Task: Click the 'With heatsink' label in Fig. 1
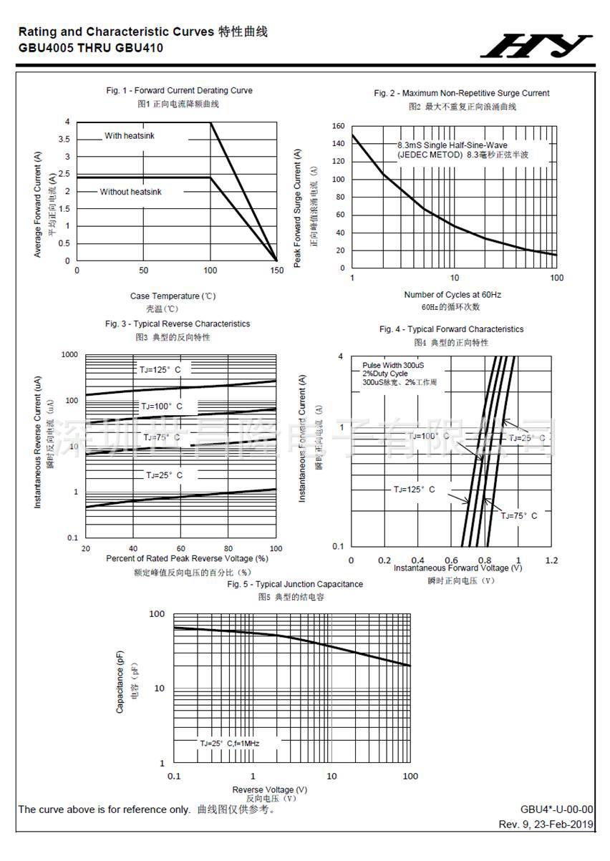pyautogui.click(x=130, y=136)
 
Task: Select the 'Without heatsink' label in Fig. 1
pyautogui.click(x=130, y=192)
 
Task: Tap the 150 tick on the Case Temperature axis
pyautogui.click(x=277, y=271)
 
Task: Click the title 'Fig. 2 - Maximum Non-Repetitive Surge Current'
pyautogui.click(x=462, y=93)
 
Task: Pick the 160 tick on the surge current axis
pyautogui.click(x=339, y=126)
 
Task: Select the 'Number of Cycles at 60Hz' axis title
pyautogui.click(x=452, y=295)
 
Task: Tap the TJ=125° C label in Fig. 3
pyautogui.click(x=160, y=369)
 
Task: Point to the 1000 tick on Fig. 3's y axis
pyautogui.click(x=69, y=355)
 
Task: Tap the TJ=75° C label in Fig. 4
pyautogui.click(x=518, y=515)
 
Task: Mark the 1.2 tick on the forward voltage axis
pyautogui.click(x=551, y=560)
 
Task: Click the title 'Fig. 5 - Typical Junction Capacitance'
pyautogui.click(x=295, y=584)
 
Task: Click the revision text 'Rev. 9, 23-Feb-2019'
pyautogui.click(x=546, y=824)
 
